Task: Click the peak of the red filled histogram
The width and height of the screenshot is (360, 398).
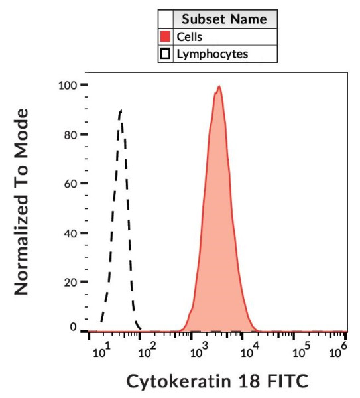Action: pyautogui.click(x=218, y=86)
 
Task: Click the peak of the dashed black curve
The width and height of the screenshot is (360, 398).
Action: pyautogui.click(x=120, y=111)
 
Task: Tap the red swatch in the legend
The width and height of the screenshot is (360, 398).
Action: pyautogui.click(x=165, y=36)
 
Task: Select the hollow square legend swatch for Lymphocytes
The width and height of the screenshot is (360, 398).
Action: pyautogui.click(x=165, y=54)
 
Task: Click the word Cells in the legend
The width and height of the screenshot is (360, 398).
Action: pyautogui.click(x=189, y=36)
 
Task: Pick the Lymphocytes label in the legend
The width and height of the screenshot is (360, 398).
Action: pyautogui.click(x=211, y=54)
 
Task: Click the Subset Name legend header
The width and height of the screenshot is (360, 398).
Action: pyautogui.click(x=224, y=19)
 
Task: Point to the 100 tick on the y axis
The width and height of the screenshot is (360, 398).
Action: pyautogui.click(x=68, y=85)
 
